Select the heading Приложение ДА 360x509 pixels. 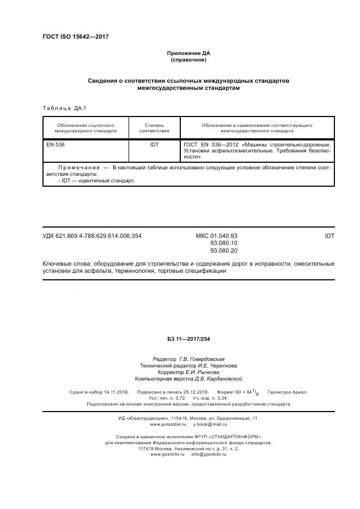(x=188, y=53)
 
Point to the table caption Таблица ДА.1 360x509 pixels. (x=64, y=108)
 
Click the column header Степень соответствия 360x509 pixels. (x=154, y=128)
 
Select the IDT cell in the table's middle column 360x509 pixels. (x=154, y=145)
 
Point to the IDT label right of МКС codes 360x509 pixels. (x=330, y=236)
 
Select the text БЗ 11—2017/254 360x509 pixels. (x=188, y=339)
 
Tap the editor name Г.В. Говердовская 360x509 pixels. (x=202, y=359)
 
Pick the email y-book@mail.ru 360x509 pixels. (x=210, y=424)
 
